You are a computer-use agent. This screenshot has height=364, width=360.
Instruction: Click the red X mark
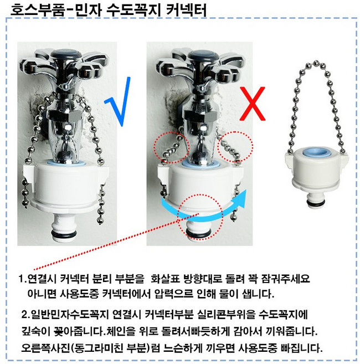point(253,104)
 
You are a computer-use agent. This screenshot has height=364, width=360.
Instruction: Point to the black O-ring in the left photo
point(64,233)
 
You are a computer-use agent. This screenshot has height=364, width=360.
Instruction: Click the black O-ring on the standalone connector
point(315,203)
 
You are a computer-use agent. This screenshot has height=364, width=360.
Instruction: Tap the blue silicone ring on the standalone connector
point(316,152)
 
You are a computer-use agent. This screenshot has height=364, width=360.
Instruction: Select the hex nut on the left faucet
point(65,115)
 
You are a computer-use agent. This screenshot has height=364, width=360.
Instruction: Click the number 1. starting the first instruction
point(22,279)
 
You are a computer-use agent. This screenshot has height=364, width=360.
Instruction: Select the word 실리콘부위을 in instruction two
point(227,315)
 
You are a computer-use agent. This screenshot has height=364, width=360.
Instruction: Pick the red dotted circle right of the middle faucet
point(235,147)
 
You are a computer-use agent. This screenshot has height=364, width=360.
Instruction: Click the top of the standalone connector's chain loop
point(316,63)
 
